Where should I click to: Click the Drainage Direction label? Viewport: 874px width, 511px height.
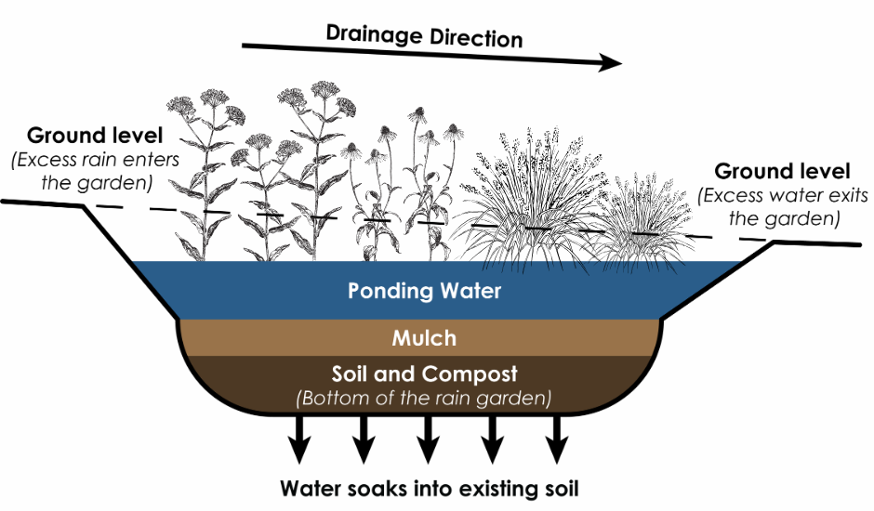pos(424,36)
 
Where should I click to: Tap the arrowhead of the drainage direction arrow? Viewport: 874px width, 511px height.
pos(610,63)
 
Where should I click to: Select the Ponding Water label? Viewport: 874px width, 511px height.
pos(424,291)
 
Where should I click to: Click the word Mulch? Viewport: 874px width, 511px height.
pos(424,338)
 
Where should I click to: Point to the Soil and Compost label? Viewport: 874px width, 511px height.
pos(424,375)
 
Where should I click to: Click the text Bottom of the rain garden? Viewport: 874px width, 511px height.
pos(424,400)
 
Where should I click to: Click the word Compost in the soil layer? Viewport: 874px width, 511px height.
pos(474,375)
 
